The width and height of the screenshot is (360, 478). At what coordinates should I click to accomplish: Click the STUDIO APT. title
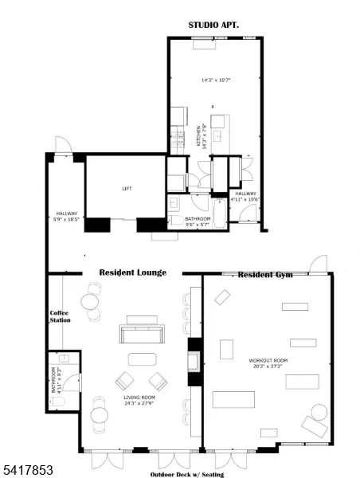click(x=213, y=25)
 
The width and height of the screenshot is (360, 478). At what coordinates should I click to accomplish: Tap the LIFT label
click(x=127, y=189)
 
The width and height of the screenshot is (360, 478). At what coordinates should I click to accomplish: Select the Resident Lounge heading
click(x=132, y=272)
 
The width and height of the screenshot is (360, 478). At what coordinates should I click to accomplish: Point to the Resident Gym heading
click(x=265, y=274)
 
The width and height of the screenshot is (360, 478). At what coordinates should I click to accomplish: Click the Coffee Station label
click(x=61, y=316)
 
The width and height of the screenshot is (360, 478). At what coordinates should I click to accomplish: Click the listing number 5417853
click(x=27, y=471)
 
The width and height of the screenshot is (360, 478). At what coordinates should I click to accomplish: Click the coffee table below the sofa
click(x=141, y=358)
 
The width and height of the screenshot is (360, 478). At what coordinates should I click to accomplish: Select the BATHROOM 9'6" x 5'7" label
click(x=198, y=221)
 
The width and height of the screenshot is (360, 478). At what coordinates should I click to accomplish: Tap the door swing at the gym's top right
click(x=319, y=263)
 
